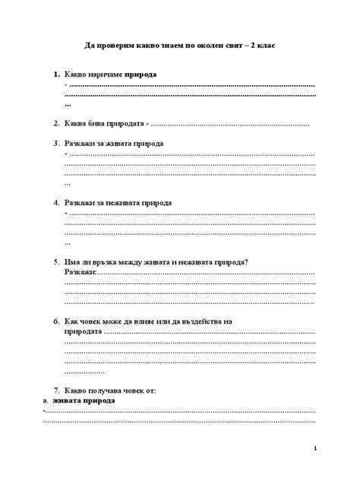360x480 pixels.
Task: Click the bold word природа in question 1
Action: coord(141,75)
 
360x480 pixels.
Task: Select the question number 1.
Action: coord(56,75)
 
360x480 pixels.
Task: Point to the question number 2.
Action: coord(56,123)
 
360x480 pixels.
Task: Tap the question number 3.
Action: coord(56,143)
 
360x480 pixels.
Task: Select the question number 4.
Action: coord(56,203)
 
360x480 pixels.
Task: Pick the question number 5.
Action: coord(56,262)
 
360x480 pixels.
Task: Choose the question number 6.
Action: coord(56,321)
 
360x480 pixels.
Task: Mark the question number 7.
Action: coord(56,390)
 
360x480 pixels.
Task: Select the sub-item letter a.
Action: coord(46,400)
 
